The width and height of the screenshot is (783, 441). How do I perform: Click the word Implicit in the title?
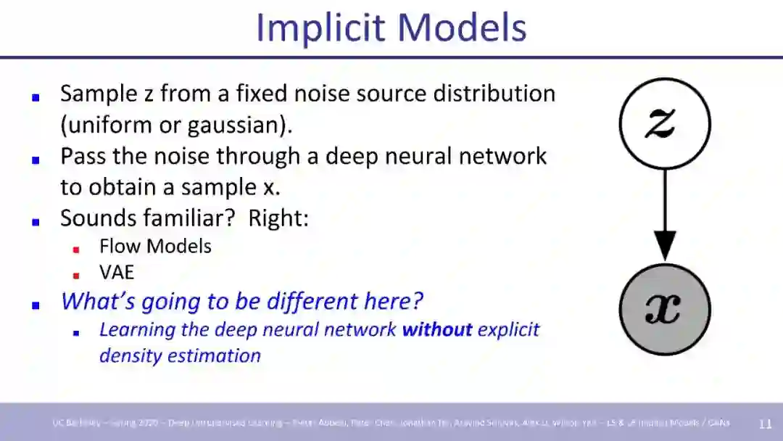click(x=320, y=28)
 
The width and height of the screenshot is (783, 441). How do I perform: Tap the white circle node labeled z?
click(x=664, y=123)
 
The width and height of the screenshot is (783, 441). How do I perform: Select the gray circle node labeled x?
click(x=664, y=309)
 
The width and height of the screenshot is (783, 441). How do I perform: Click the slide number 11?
click(x=765, y=424)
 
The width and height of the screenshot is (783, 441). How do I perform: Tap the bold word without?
click(x=437, y=329)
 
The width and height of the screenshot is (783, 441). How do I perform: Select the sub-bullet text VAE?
click(x=117, y=273)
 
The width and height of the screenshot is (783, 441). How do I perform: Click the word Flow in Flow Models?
click(x=119, y=246)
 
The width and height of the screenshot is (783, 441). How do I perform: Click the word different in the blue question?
click(x=328, y=301)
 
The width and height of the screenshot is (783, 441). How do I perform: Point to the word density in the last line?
click(x=128, y=355)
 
